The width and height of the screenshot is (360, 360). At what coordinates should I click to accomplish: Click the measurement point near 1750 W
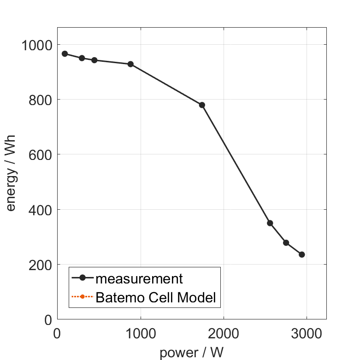[x=202, y=105]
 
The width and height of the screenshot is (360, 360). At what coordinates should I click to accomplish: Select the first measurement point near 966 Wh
[x=65, y=54]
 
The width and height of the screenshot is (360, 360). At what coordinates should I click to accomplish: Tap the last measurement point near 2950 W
[x=302, y=254]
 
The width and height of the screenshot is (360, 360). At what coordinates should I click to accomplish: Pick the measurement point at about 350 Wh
[x=270, y=223]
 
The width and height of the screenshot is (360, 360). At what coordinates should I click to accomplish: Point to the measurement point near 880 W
[x=130, y=64]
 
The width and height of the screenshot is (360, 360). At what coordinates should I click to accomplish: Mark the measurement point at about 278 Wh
[x=286, y=243]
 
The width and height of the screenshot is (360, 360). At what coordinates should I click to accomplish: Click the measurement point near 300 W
[x=82, y=58]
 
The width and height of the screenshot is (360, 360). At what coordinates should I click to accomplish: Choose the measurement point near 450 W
[x=94, y=60]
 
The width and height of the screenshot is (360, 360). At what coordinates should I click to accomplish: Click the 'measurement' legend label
[x=139, y=278]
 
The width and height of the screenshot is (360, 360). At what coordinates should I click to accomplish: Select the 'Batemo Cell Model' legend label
[x=156, y=297]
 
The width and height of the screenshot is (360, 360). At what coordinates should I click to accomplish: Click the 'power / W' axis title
[x=191, y=353]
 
